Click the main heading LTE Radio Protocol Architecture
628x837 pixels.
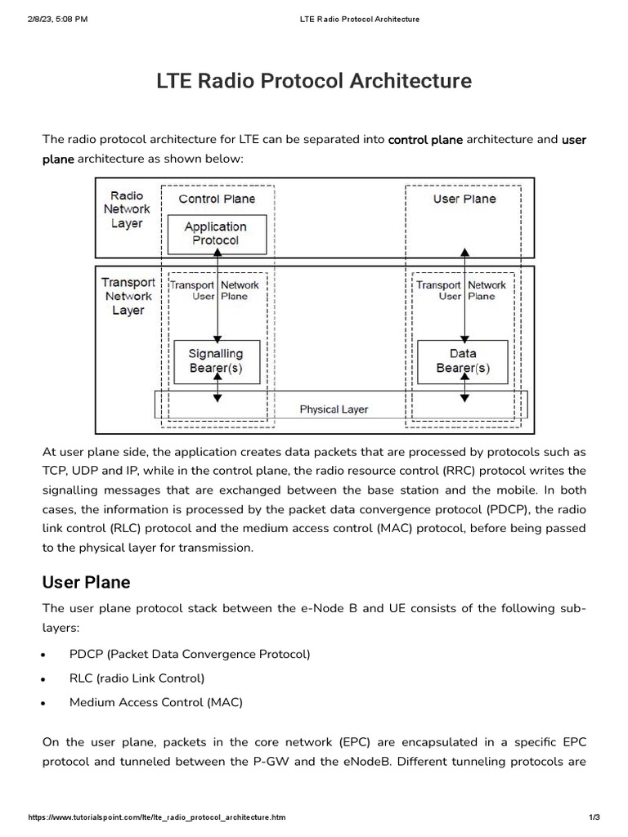click(x=314, y=82)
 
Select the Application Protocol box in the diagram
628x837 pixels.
click(x=216, y=234)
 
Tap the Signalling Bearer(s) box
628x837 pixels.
click(x=216, y=361)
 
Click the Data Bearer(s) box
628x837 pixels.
click(x=463, y=361)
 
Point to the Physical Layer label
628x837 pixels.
click(x=334, y=409)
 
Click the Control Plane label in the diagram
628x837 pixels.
click(x=217, y=199)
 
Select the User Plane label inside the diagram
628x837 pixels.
click(x=464, y=199)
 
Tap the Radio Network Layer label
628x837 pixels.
click(x=127, y=210)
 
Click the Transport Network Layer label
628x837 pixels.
click(x=128, y=296)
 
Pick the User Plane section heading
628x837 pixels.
click(x=86, y=582)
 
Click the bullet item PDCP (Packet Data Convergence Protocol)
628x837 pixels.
click(x=190, y=654)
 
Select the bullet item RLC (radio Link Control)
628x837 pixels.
click(x=137, y=678)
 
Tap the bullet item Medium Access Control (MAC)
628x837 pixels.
click(x=156, y=702)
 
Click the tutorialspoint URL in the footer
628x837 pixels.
click(x=157, y=817)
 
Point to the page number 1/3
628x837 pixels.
click(x=594, y=817)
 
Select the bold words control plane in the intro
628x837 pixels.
click(x=425, y=140)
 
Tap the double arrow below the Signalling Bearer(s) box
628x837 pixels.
click(x=217, y=392)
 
